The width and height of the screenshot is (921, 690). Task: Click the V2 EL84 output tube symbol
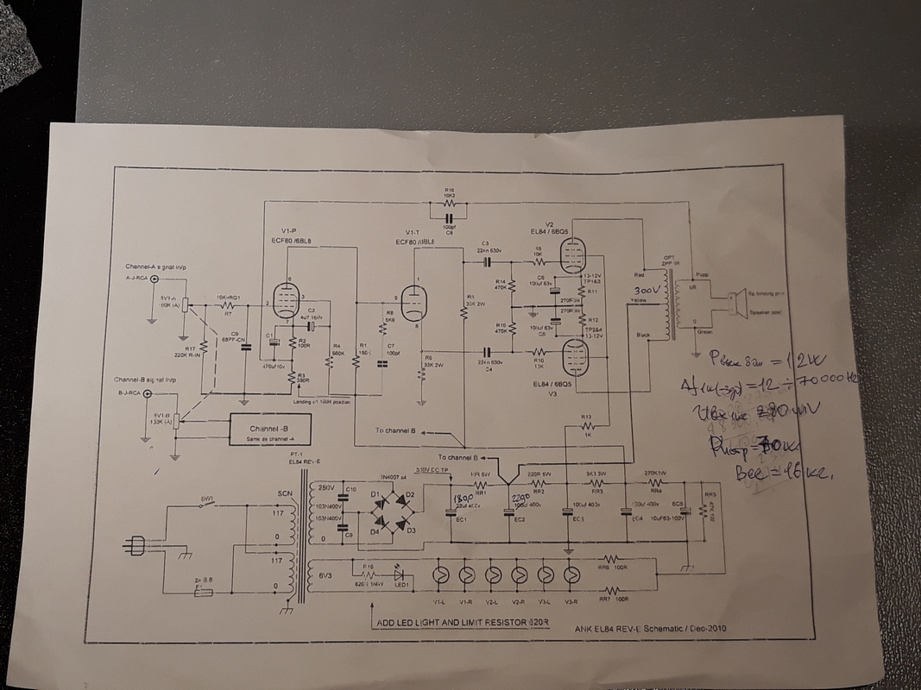pyautogui.click(x=569, y=254)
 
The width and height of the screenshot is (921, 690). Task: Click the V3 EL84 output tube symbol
pyautogui.click(x=569, y=354)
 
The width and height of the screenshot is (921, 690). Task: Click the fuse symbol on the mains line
pyautogui.click(x=205, y=593)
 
